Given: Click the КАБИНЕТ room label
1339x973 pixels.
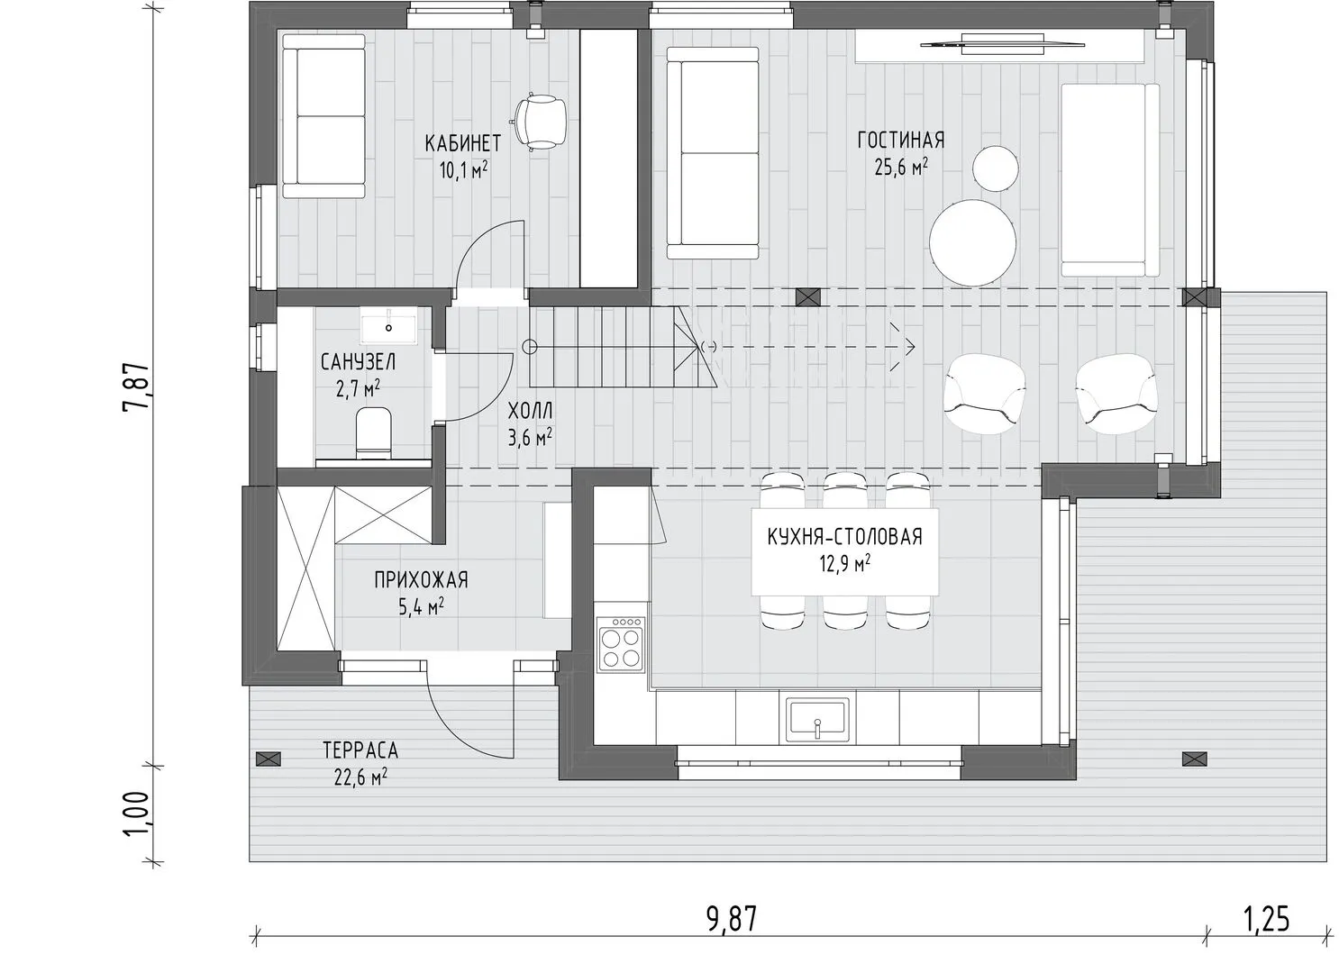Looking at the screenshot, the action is [462, 143].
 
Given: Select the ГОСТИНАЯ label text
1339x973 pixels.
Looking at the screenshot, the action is [901, 140].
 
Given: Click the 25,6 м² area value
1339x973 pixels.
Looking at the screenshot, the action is [901, 167].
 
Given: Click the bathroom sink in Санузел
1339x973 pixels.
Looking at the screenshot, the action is [388, 326].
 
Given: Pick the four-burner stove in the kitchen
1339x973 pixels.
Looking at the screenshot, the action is [621, 650].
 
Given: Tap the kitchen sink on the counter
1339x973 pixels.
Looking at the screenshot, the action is [817, 720].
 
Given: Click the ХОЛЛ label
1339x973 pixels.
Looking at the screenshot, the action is [530, 411].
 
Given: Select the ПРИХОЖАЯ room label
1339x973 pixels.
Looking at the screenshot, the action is [422, 579].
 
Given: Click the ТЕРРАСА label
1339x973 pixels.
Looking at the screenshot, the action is [360, 750].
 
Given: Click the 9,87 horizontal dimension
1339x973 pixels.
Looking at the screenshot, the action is [732, 919].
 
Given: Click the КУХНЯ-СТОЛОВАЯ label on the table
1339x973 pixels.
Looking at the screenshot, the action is [844, 537].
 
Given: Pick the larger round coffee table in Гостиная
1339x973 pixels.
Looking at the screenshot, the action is [972, 242].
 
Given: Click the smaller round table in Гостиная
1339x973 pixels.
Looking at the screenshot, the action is [996, 168].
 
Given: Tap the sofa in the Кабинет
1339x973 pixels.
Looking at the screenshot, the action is [323, 116].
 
